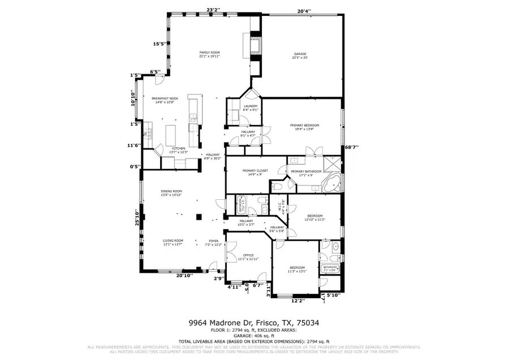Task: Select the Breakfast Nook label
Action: click(165, 100)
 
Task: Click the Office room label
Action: click(248, 256)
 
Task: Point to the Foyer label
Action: click(213, 242)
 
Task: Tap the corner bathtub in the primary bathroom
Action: click(331, 183)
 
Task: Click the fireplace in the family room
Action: click(256, 45)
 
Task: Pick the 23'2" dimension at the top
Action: click(213, 10)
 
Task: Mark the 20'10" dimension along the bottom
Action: click(184, 276)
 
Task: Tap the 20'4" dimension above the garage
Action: click(304, 10)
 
